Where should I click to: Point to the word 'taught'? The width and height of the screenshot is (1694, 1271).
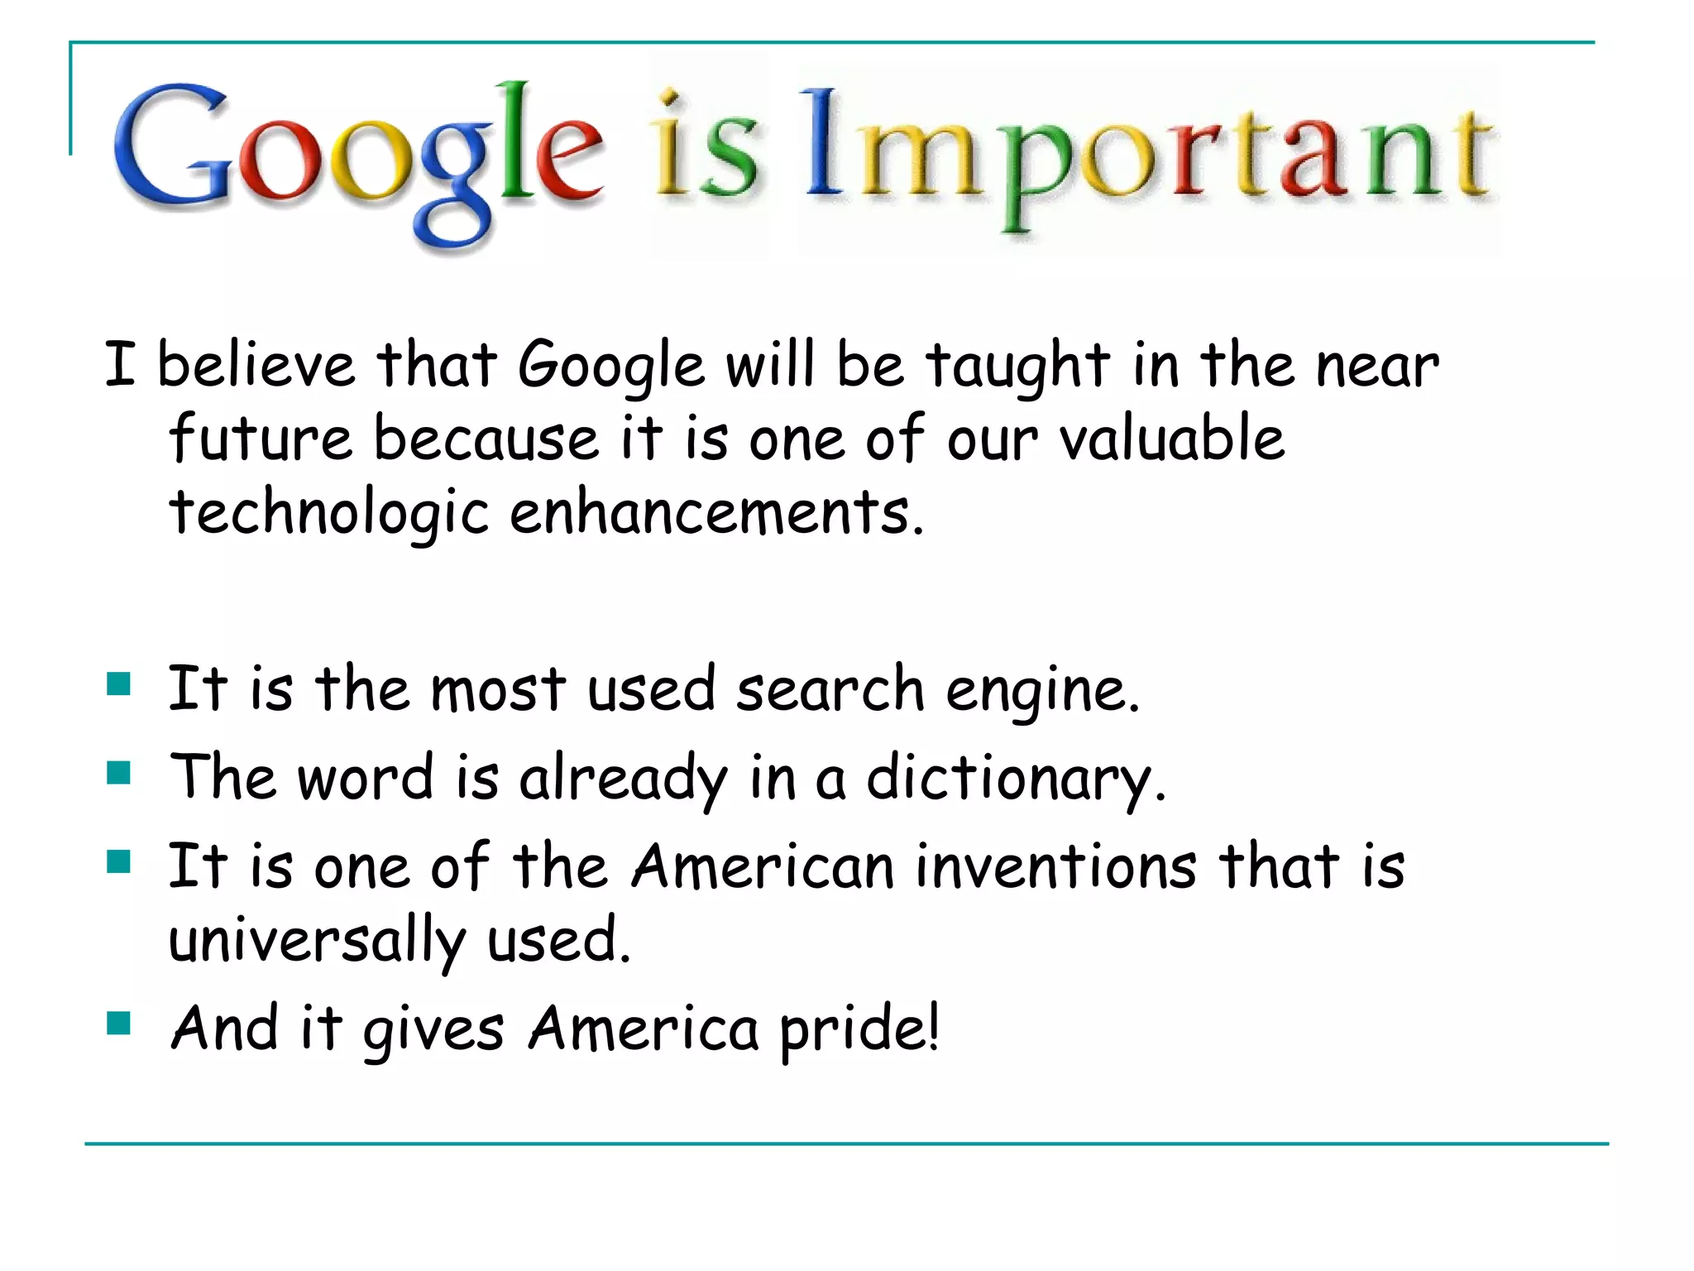tap(1018, 366)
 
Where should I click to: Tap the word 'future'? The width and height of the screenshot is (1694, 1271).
tap(261, 438)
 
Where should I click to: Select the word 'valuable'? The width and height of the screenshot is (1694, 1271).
tap(1172, 438)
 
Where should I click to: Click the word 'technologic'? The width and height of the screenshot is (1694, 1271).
tap(329, 513)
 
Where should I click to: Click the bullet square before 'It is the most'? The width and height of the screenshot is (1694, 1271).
tap(119, 684)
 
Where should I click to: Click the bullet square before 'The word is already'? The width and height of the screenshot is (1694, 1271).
tap(119, 773)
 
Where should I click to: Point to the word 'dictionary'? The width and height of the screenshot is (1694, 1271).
tap(1015, 778)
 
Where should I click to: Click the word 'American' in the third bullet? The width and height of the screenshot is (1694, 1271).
tap(763, 866)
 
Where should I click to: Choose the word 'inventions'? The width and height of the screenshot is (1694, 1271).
tap(1056, 866)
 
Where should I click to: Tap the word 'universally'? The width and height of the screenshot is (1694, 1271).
tap(317, 941)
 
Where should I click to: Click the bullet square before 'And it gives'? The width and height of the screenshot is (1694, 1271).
tap(119, 1024)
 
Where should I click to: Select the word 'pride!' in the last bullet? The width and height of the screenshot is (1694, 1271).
tap(859, 1029)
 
